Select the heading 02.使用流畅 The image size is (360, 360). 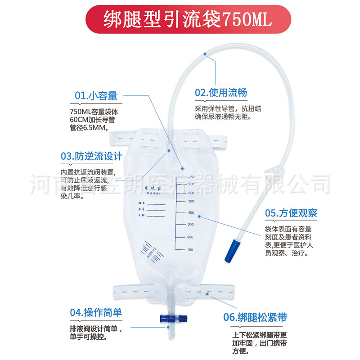tap(220, 93)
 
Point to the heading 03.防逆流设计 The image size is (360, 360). tap(91, 156)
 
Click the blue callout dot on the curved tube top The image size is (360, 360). tap(205, 54)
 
